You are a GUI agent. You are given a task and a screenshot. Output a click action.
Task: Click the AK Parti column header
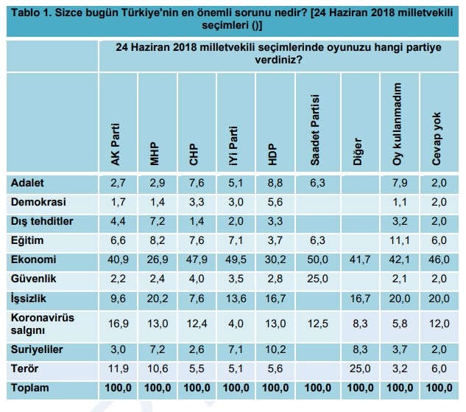point(116,147)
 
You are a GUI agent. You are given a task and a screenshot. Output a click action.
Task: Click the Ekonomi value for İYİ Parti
point(235,260)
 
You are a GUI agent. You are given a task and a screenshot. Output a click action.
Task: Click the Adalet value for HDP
point(274,181)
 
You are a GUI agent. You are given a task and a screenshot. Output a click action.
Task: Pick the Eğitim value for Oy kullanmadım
point(398,240)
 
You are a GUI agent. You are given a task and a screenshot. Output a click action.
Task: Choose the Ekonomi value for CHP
point(195,260)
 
